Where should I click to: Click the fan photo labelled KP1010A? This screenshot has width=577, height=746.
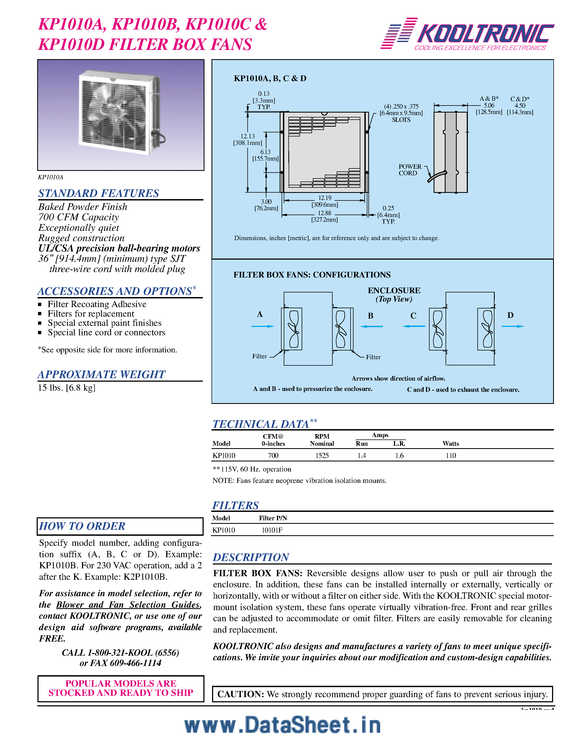[121, 114]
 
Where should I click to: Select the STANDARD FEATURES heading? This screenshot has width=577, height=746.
[99, 193]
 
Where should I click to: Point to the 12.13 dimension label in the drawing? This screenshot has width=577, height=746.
[247, 136]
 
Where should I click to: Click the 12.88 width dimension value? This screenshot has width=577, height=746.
[324, 213]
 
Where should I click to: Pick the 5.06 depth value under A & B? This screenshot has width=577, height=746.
[489, 106]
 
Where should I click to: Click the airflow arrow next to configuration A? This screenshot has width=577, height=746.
[263, 326]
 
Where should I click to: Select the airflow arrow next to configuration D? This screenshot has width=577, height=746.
[512, 326]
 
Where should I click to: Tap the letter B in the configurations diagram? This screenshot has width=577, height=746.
[371, 315]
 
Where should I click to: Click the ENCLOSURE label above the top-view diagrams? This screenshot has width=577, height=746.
[394, 290]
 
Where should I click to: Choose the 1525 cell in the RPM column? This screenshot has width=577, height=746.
[322, 455]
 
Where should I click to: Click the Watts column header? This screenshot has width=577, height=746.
[450, 443]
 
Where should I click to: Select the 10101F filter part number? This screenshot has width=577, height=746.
[272, 530]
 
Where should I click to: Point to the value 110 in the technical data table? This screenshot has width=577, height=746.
[450, 455]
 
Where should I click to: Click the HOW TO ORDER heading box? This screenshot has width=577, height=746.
[120, 526]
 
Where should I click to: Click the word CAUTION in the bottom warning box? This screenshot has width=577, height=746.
[241, 694]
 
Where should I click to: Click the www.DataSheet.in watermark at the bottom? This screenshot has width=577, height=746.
[282, 725]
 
